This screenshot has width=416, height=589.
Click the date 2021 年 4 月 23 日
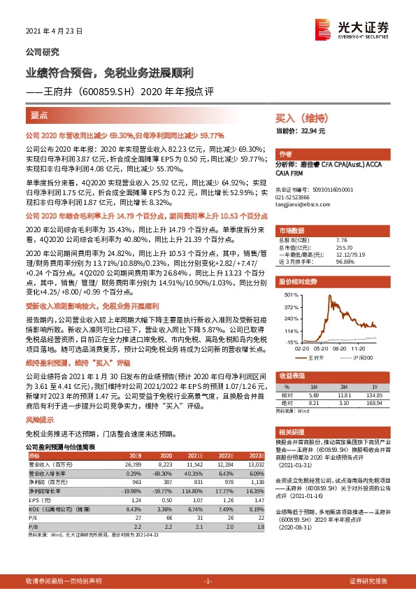click(54, 31)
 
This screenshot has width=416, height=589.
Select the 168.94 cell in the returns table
click(375, 402)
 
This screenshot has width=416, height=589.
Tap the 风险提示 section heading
click(40, 419)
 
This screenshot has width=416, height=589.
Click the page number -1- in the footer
click(208, 581)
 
